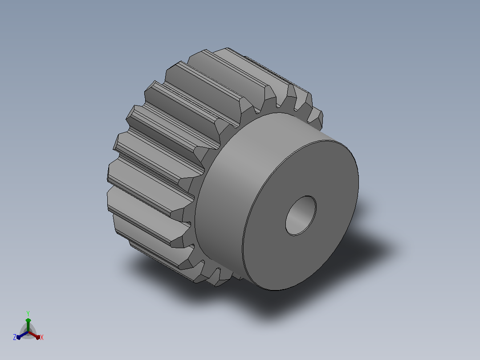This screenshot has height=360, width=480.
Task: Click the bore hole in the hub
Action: [x=301, y=216]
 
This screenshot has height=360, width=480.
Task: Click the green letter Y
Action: [x=28, y=313]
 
